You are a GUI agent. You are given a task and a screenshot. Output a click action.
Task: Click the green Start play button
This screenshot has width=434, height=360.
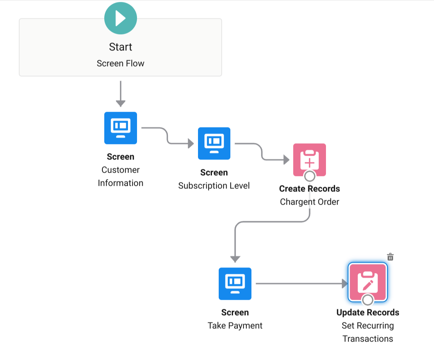point(120,18)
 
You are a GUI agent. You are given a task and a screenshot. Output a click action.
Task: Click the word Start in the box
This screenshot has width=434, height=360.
point(120,47)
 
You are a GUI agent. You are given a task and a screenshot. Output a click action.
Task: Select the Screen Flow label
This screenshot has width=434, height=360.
point(120,63)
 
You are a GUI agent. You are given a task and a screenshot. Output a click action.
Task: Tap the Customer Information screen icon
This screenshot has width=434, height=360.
point(120,128)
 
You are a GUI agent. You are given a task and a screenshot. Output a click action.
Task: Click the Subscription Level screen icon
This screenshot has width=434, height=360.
point(214,143)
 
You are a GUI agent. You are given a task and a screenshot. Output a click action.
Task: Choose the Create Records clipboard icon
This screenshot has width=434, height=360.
point(309,159)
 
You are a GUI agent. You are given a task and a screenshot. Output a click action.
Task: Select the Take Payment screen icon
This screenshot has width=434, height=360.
point(235,283)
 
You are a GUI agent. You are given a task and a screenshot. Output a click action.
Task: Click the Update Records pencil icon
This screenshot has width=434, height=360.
point(368,282)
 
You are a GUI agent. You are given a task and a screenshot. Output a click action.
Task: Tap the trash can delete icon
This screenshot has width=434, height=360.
point(390,257)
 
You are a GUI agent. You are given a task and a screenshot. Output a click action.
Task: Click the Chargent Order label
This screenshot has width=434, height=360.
point(309,202)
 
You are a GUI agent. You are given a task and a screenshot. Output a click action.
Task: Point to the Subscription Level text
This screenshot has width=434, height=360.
point(214,186)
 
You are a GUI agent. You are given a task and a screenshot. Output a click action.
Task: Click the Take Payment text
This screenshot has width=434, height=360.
point(235,325)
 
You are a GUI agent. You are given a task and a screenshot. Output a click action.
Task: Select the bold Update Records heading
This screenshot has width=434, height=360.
point(368,313)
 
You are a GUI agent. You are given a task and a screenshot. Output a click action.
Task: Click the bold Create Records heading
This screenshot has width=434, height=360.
point(309,189)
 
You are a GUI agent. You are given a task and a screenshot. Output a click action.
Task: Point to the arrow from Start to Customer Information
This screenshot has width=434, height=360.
point(120,94)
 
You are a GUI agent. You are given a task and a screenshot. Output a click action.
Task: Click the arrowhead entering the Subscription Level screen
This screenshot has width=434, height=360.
point(190,143)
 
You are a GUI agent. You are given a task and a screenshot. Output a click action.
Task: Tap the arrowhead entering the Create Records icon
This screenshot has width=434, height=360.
point(286,159)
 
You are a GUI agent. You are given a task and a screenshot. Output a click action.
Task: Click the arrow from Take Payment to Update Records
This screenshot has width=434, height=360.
point(301,283)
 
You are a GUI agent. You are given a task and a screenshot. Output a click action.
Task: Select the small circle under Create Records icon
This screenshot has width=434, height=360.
point(309,176)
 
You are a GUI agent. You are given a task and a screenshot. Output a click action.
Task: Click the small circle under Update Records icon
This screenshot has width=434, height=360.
point(368,300)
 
